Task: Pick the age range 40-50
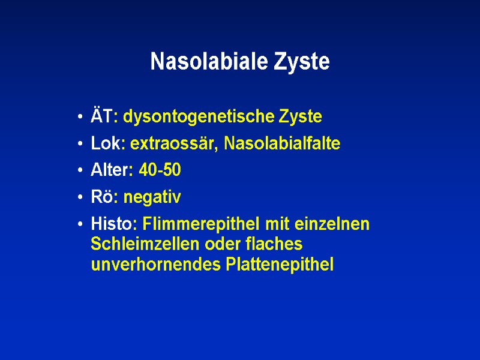point(160,171)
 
